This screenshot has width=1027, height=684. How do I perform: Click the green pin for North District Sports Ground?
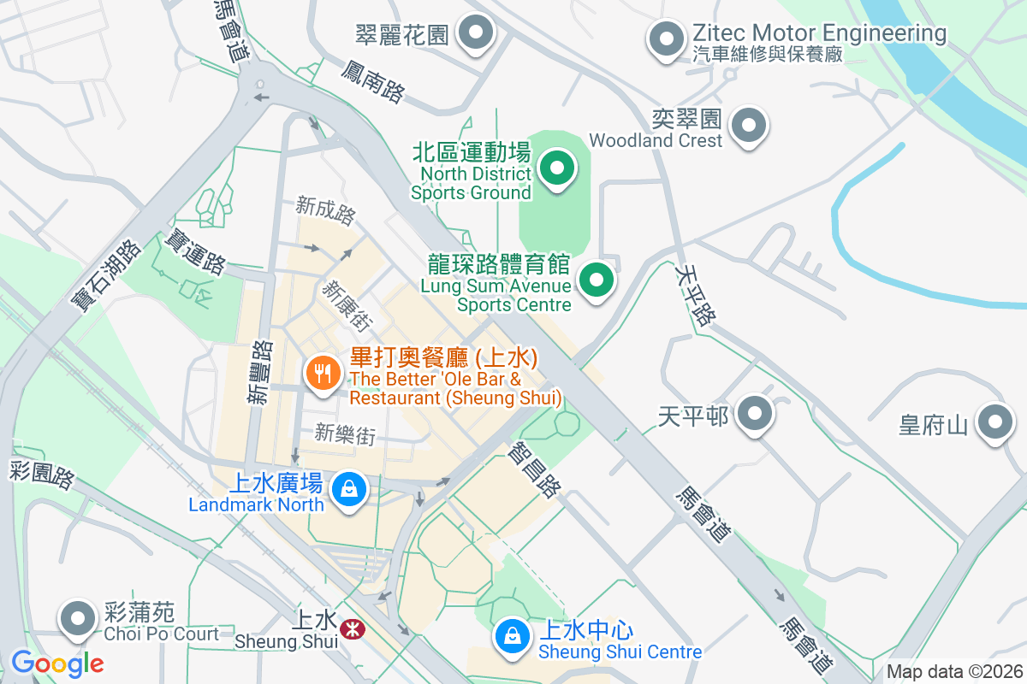(x=558, y=168)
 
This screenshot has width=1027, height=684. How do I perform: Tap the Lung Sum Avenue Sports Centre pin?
(x=597, y=280)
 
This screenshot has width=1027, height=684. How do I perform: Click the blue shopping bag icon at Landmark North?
(x=348, y=489)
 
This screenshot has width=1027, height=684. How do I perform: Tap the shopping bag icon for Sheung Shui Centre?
(x=511, y=636)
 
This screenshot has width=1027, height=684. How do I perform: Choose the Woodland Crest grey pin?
(x=749, y=125)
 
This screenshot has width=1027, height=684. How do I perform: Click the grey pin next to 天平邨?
(x=754, y=415)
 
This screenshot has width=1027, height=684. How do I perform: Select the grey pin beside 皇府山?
(x=995, y=422)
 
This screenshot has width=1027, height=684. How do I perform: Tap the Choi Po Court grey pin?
(x=78, y=617)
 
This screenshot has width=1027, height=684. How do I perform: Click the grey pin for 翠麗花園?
(x=476, y=35)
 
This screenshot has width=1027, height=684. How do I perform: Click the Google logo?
(x=57, y=663)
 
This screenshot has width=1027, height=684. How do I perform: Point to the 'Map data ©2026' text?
(x=954, y=672)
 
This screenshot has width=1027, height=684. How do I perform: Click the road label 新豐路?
(x=260, y=371)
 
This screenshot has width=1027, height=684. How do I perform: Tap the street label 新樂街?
(x=345, y=434)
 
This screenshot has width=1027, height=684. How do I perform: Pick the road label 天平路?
(x=694, y=295)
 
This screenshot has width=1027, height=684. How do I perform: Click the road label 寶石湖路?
(x=107, y=276)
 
